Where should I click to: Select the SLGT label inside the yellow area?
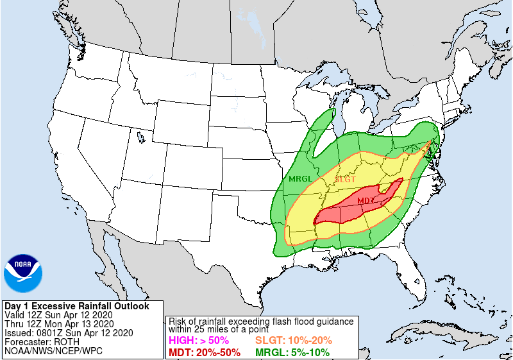pyautogui.click(x=345, y=180)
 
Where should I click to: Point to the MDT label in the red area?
pyautogui.click(x=366, y=201)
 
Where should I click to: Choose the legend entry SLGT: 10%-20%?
pyautogui.click(x=294, y=341)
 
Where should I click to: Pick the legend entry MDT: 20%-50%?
pyautogui.click(x=204, y=352)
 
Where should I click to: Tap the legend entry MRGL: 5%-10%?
pyautogui.click(x=293, y=352)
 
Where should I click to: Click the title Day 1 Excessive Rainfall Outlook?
pyautogui.click(x=76, y=306)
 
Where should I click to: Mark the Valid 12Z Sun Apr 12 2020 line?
pyautogui.click(x=58, y=315)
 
